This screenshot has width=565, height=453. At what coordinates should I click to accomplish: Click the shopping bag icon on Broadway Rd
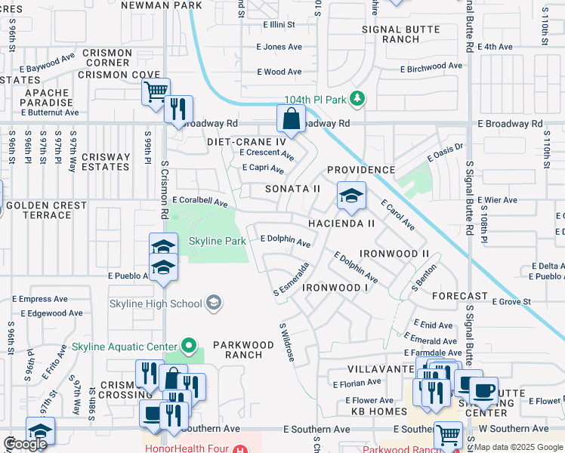[x=291, y=119]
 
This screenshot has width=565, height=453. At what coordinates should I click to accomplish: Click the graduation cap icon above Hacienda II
[x=350, y=196]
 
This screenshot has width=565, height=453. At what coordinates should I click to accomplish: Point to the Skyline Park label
[x=217, y=242]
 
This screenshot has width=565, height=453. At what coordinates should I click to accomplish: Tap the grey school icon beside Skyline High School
[x=215, y=304]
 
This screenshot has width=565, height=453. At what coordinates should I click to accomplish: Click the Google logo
[x=24, y=444]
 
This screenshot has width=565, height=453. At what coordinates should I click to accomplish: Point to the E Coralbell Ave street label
[x=199, y=202]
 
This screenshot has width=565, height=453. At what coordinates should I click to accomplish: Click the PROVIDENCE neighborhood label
[x=361, y=171]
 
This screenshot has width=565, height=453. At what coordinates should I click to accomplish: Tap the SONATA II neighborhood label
[x=292, y=189]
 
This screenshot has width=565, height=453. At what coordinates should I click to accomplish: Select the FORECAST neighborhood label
[x=460, y=296]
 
